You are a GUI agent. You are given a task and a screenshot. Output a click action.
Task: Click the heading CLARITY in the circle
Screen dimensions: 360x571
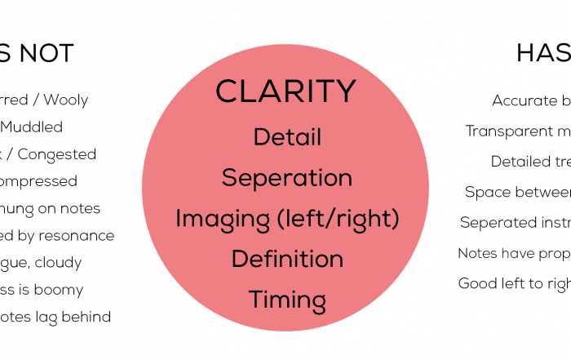[x=285, y=91]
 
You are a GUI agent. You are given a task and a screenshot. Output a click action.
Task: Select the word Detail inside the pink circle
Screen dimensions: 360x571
[x=287, y=136]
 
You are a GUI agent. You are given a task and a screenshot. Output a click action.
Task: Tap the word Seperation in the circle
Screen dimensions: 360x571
[x=287, y=177]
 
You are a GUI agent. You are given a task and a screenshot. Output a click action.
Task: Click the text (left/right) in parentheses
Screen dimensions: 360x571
[x=330, y=219]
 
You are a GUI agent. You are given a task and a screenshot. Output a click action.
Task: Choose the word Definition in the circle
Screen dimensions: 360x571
[x=287, y=260]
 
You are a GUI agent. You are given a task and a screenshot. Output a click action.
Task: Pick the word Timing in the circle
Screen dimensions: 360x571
[x=287, y=300]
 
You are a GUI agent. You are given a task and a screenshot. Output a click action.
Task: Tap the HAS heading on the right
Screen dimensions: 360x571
[x=542, y=54]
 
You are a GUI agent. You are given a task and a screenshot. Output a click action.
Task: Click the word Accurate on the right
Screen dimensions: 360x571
[x=525, y=100]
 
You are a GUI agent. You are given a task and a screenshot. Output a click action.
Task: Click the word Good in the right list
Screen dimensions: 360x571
[x=477, y=284]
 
